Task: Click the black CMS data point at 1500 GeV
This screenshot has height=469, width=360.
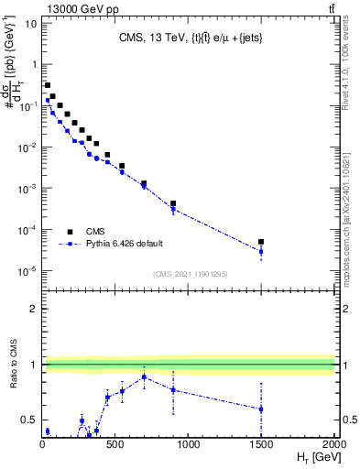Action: click(x=261, y=242)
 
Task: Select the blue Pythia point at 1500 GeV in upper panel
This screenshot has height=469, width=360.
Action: click(x=261, y=251)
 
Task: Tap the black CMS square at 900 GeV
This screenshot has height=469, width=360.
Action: click(x=173, y=203)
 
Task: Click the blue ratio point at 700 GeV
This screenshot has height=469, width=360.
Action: click(x=144, y=377)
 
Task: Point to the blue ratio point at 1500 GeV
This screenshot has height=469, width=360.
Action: click(x=261, y=409)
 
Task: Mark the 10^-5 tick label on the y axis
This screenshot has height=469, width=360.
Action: click(x=27, y=270)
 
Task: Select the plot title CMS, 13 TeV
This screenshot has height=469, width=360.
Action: click(x=188, y=38)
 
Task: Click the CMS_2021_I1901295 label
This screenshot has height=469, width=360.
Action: click(x=189, y=274)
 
